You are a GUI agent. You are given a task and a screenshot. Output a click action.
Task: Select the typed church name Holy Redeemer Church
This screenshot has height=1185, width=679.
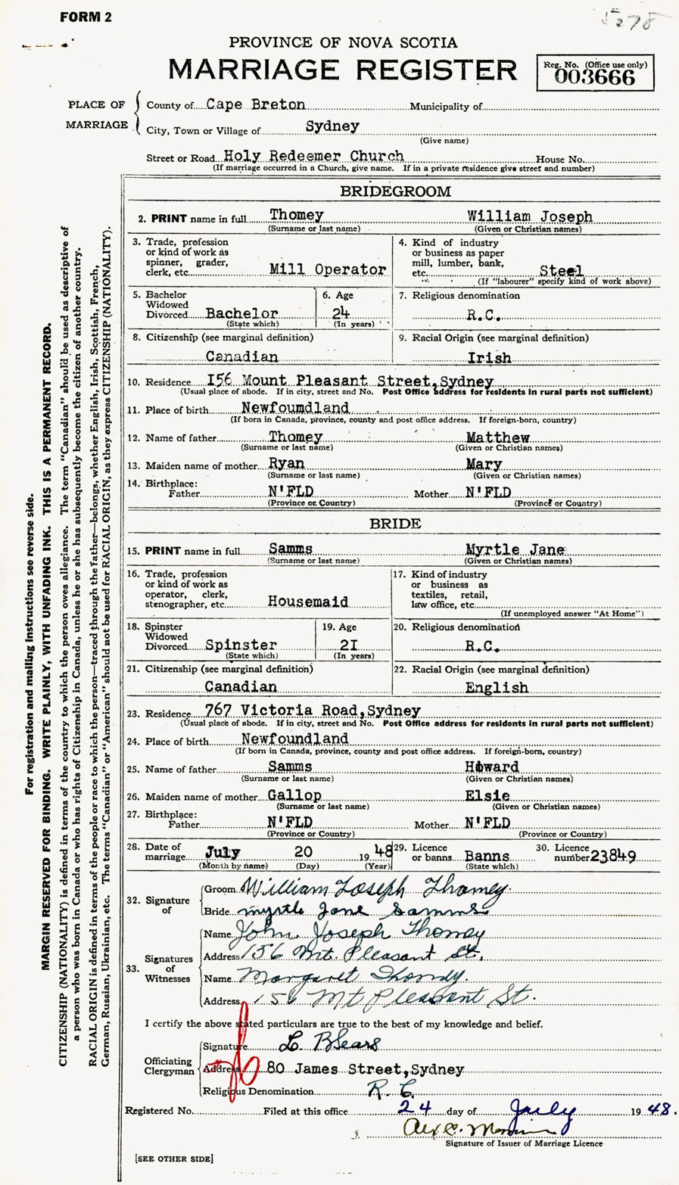point(313,156)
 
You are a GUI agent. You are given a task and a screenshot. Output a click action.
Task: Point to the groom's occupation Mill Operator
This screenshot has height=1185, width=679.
point(328,269)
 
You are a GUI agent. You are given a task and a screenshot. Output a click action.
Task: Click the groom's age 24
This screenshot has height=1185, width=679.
point(340,313)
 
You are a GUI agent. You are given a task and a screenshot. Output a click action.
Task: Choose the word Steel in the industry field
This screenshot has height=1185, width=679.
point(561,270)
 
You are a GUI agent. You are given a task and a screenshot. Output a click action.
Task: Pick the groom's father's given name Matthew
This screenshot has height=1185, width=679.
point(497,438)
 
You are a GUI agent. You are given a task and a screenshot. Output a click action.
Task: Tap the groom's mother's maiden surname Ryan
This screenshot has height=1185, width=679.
point(287,464)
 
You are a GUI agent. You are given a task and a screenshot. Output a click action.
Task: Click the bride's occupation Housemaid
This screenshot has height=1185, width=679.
point(308,602)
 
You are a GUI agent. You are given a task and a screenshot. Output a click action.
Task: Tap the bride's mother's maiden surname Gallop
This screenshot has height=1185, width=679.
point(295,795)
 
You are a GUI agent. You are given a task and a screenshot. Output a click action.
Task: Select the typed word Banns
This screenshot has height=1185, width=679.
point(487,856)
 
